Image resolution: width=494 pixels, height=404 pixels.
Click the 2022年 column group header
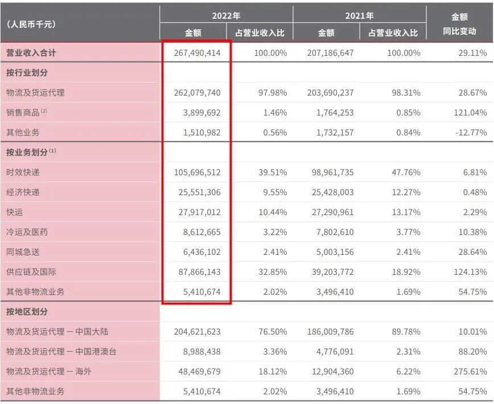click(226, 15)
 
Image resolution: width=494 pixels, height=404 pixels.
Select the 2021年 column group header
click(359, 15)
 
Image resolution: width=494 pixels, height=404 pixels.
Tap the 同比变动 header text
click(459, 32)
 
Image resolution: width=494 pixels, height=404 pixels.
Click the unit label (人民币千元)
click(31, 24)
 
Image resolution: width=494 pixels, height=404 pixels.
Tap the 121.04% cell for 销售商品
click(468, 113)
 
